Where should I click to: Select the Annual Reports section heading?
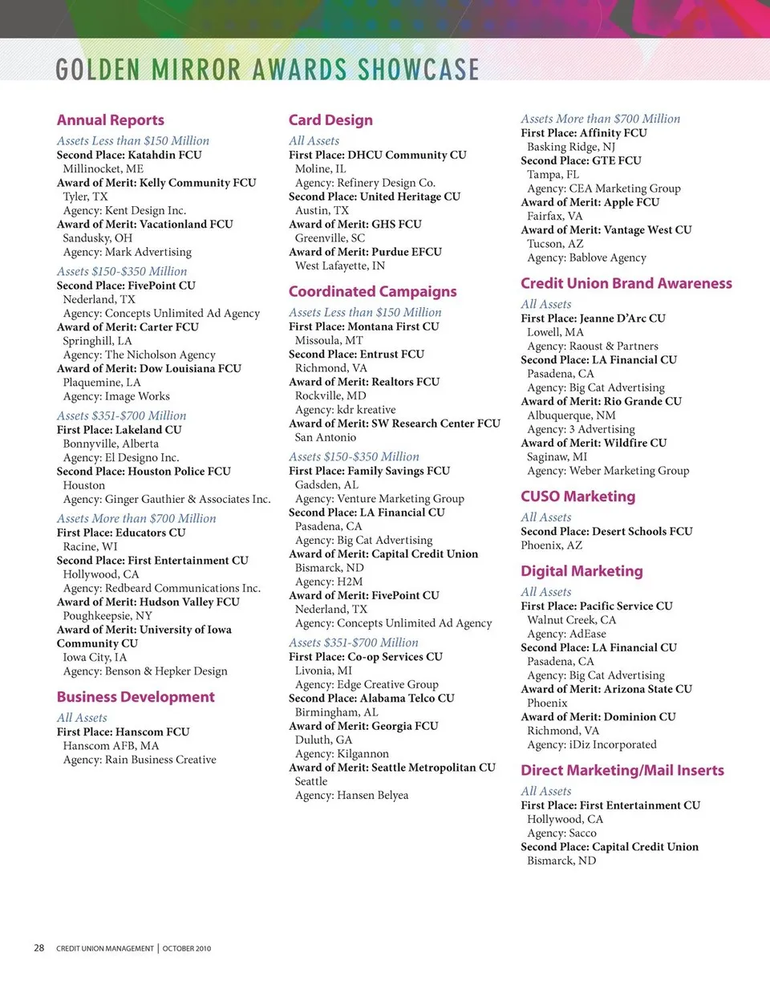pos(110,120)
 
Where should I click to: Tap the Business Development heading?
pos(136,697)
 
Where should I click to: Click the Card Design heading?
pos(330,120)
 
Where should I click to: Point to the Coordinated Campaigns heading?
pos(372,292)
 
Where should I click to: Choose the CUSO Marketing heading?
pos(577,497)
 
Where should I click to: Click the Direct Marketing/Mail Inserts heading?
pos(622,771)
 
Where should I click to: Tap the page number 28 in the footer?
pos(38,948)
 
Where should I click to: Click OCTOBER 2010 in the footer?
pos(187,949)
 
